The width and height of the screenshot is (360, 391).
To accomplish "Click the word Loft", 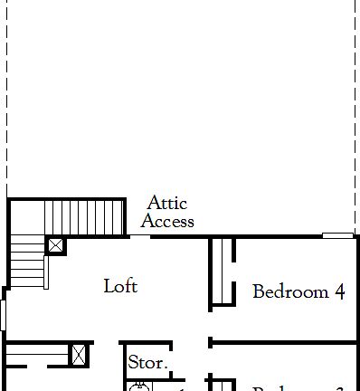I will pos(120,286).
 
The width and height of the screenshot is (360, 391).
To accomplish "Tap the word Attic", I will pos(166,203).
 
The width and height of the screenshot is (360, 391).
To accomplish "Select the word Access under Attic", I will pos(167,221).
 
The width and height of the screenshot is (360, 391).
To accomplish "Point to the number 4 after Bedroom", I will pos(340,291).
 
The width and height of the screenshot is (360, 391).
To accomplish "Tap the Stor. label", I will pos(147,363).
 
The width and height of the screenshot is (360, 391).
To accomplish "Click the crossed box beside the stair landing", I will pos(56,245).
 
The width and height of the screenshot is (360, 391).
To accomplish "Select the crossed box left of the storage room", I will pos(80,354).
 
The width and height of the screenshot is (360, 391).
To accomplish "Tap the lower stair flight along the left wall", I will pos(26,268).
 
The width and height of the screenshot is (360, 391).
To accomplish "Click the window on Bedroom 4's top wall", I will pos(337,236).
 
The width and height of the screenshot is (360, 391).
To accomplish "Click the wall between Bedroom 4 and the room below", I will pos(284,342).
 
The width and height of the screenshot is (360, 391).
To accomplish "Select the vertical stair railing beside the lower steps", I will pos(45,272).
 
